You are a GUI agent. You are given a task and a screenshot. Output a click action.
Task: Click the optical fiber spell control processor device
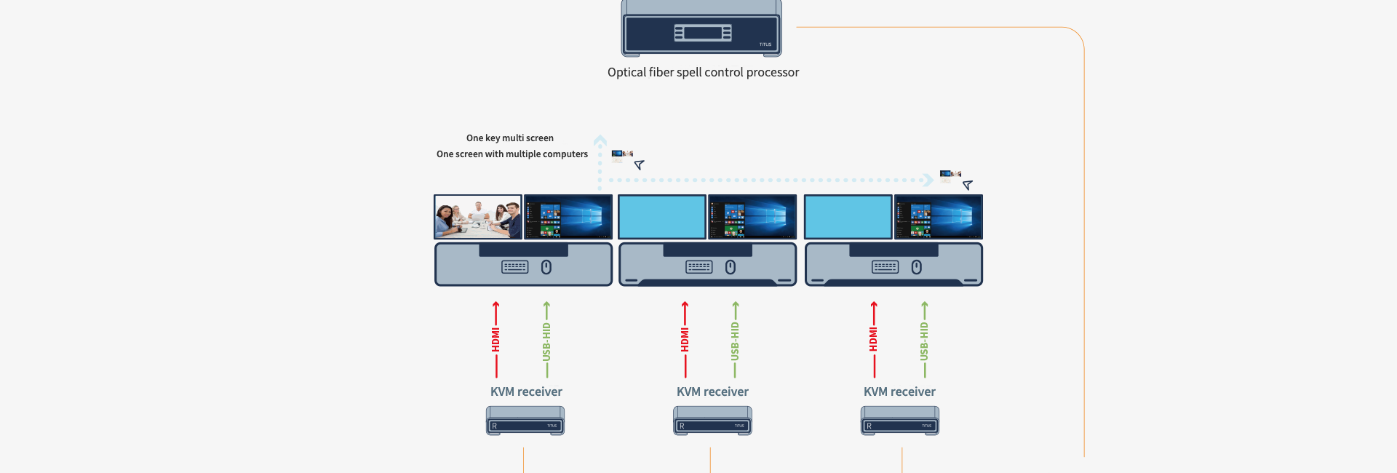click(701, 29)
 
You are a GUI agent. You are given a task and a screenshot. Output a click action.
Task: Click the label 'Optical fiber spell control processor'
click(703, 72)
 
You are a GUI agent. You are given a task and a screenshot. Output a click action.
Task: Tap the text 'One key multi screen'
click(510, 138)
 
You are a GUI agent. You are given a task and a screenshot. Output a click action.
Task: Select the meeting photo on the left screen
click(478, 217)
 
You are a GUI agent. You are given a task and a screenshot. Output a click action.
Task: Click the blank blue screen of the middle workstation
click(662, 217)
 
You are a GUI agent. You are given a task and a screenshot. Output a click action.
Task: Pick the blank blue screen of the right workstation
click(848, 217)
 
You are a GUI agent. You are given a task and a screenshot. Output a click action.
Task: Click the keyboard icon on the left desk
click(515, 267)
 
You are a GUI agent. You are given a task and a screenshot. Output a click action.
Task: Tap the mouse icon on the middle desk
click(731, 267)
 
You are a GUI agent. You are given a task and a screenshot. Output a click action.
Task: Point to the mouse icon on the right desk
click(917, 267)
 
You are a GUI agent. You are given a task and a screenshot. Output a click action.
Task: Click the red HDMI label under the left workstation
click(496, 340)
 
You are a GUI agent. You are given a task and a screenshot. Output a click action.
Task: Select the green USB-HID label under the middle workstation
click(735, 341)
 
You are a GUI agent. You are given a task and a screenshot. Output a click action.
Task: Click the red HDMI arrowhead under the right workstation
click(874, 305)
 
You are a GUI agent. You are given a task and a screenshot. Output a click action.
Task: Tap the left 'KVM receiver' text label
click(526, 391)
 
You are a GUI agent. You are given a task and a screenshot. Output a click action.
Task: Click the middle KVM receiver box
click(712, 421)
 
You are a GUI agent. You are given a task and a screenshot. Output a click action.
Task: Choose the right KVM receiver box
click(900, 421)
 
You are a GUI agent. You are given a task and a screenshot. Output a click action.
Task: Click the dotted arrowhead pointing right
click(928, 180)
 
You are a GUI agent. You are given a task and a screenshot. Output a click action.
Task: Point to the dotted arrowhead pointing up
click(600, 140)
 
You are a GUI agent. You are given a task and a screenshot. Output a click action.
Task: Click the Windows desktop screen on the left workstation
click(568, 217)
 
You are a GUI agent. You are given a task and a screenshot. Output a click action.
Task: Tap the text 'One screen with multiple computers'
click(512, 154)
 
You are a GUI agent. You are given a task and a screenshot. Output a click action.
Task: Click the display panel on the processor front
click(702, 33)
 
